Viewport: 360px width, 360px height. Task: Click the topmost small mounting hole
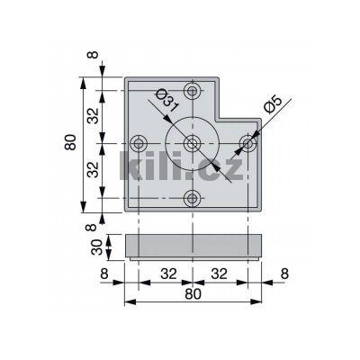[x=191, y=90]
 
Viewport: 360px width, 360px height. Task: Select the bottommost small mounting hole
[x=191, y=198]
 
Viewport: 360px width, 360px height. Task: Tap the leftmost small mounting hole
[x=138, y=144]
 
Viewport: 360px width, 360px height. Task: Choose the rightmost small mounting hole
[x=248, y=143]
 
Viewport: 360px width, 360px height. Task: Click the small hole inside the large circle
[x=191, y=144]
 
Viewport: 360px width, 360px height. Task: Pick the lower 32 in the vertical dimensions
[x=94, y=171]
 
